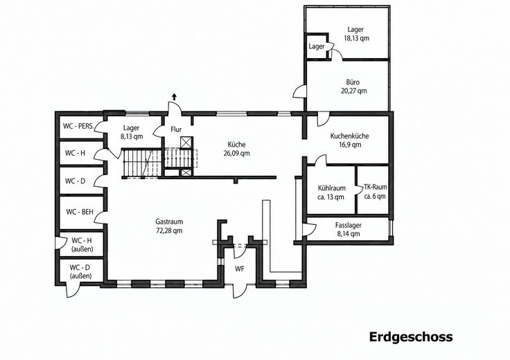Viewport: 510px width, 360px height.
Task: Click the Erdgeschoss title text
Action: click(x=411, y=337)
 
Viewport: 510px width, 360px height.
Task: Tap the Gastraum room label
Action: click(x=169, y=222)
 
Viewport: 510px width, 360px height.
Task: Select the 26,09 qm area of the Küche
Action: click(x=236, y=154)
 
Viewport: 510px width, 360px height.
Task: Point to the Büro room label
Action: click(x=353, y=82)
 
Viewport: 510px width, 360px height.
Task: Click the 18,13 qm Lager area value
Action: click(x=356, y=38)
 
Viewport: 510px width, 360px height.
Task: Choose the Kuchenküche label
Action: click(x=350, y=136)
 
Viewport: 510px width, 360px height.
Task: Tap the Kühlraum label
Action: click(x=332, y=188)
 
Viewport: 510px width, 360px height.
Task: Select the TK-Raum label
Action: click(x=376, y=187)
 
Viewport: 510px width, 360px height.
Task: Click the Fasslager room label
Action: click(x=349, y=225)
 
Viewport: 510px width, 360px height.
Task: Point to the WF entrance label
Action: click(x=240, y=269)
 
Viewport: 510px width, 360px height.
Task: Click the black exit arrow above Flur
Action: click(x=175, y=96)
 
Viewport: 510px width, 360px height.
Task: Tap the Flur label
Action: click(x=176, y=129)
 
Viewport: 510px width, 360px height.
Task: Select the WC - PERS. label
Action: click(x=79, y=126)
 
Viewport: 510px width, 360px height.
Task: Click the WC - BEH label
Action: click(x=80, y=212)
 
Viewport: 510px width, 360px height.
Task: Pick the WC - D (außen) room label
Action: click(x=80, y=272)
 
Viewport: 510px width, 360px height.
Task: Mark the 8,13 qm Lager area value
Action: click(x=132, y=136)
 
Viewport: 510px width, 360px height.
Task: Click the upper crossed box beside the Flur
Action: click(x=186, y=143)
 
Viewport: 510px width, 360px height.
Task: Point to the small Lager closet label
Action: click(x=317, y=46)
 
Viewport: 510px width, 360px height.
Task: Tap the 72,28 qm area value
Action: click(x=169, y=231)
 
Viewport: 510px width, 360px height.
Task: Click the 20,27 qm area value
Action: click(x=353, y=91)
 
